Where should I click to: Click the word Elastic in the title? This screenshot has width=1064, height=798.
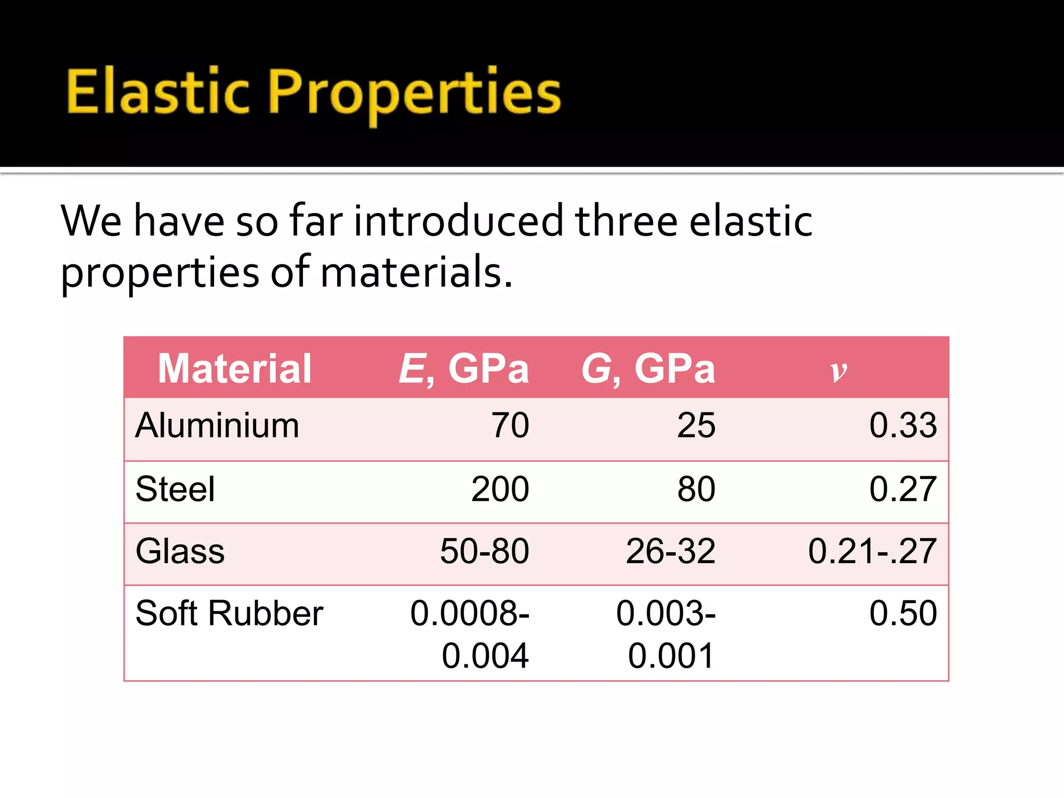(158, 92)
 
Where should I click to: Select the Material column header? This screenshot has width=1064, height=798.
(234, 368)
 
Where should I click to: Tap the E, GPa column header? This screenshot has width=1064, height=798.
(463, 368)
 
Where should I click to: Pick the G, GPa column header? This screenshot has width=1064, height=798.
(648, 368)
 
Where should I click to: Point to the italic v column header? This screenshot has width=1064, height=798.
(838, 370)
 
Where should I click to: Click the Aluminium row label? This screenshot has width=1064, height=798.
(217, 425)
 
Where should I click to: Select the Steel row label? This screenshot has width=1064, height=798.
(175, 489)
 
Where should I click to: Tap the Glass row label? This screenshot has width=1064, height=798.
(180, 551)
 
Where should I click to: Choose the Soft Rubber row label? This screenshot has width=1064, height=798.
(229, 613)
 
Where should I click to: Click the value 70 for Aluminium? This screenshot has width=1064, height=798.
(510, 425)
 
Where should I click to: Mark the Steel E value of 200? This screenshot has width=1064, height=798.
(500, 489)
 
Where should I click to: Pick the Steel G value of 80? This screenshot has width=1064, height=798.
(696, 489)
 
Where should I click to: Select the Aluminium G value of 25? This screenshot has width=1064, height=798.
(696, 425)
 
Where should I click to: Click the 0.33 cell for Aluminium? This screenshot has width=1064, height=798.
(903, 425)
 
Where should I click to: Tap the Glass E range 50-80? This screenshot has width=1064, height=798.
(484, 551)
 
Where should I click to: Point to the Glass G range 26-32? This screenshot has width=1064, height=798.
(670, 551)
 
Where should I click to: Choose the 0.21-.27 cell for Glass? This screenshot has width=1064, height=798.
(872, 551)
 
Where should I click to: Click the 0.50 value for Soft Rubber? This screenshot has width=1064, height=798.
(903, 613)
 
